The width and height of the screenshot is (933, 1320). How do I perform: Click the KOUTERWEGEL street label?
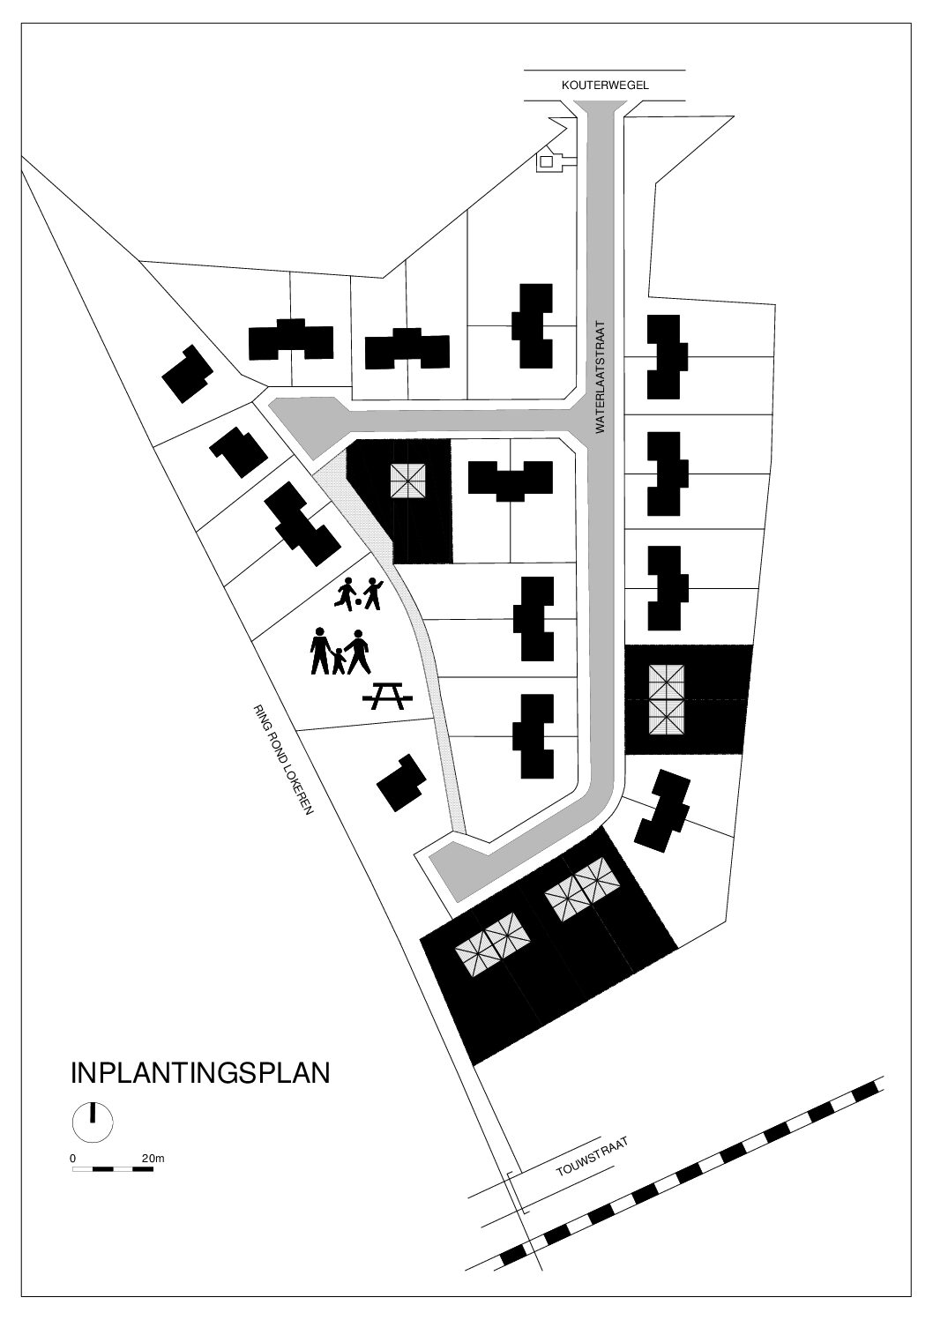605,86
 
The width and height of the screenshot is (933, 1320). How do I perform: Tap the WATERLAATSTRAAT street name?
601,377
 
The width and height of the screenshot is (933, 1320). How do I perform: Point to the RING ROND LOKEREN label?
283,759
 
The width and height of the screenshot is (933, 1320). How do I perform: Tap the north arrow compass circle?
92,1122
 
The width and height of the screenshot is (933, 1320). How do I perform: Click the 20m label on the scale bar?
153,1158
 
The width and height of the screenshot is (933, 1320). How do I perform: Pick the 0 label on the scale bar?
72,1158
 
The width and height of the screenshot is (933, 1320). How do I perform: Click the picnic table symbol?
388,696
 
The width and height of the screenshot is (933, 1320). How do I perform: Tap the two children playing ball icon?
358,593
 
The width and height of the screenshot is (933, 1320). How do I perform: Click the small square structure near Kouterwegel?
547,160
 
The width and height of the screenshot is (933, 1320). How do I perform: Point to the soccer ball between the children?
358,602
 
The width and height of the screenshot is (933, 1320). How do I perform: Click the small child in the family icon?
339,660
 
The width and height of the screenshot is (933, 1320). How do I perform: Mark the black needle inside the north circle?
92,1113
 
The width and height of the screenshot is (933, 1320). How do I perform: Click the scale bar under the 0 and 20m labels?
113,1168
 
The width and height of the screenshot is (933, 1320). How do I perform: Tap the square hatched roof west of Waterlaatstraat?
407,481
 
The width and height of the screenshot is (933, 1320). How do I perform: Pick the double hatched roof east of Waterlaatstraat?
667,699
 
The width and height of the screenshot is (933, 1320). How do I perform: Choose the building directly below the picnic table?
401,783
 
